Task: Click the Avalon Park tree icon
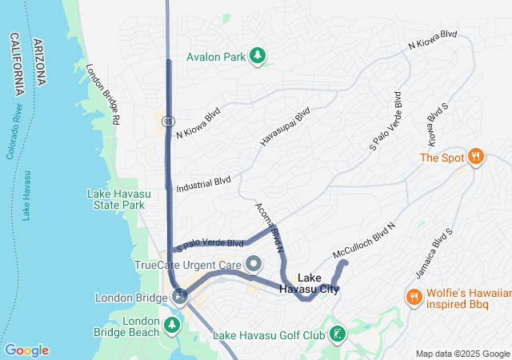(258, 56)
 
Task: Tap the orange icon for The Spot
(476, 157)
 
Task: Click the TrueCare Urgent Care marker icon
(254, 264)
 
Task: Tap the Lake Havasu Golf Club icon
(338, 334)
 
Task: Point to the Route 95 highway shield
(166, 120)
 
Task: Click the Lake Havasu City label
(309, 283)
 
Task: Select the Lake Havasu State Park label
(116, 199)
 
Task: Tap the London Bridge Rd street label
(103, 94)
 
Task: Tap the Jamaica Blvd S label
(431, 249)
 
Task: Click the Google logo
(27, 350)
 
